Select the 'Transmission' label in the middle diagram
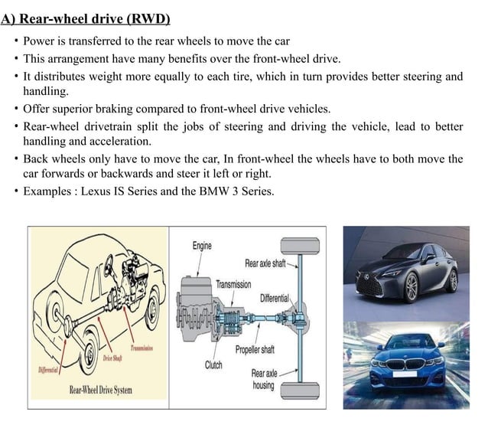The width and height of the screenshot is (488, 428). click(x=233, y=284)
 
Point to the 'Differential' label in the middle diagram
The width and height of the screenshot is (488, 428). click(x=275, y=298)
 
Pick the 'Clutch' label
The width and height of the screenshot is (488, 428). click(x=213, y=365)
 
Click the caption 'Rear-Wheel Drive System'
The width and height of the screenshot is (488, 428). click(x=101, y=390)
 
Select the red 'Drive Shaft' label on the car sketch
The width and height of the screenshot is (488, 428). click(x=113, y=358)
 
